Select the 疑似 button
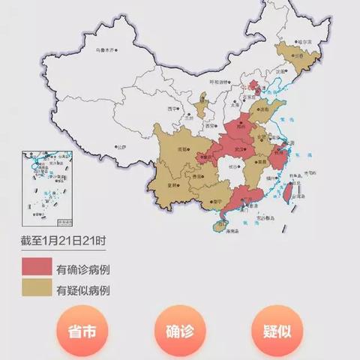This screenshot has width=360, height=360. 277,332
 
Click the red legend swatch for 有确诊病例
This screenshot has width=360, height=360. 35,268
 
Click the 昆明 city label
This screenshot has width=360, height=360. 175,184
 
